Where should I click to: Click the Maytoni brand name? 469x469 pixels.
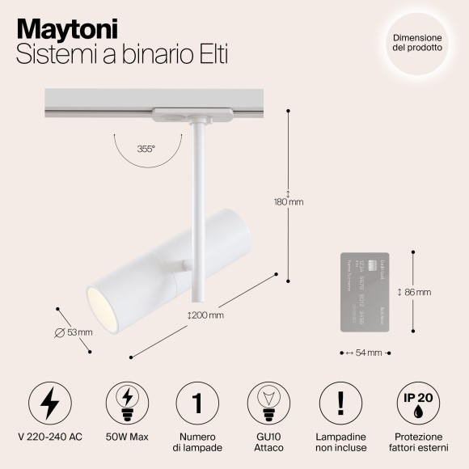(x=68, y=28)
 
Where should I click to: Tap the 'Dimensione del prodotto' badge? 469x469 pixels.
(x=417, y=42)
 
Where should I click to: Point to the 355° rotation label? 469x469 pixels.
(x=146, y=149)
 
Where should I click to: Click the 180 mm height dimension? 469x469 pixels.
(x=289, y=201)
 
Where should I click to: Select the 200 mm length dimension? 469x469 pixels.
(x=205, y=315)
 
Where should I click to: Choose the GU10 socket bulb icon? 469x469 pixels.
(x=268, y=402)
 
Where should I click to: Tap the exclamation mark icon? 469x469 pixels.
(x=342, y=402)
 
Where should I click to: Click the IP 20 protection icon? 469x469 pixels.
(x=416, y=402)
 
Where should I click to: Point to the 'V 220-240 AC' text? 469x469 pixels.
(x=50, y=437)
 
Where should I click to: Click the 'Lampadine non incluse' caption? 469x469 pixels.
(x=342, y=442)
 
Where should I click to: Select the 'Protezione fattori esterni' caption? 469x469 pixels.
(x=416, y=442)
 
